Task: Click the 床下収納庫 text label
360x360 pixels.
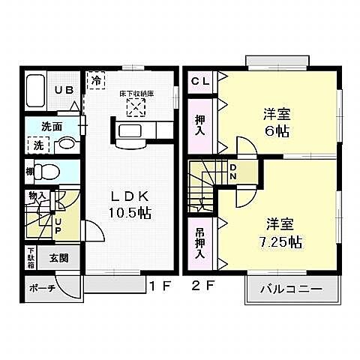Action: (x=136, y=94)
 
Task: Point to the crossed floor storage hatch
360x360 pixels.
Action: (x=136, y=109)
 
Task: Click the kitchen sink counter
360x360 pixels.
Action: (x=136, y=133)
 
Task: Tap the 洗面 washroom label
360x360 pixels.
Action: (x=51, y=127)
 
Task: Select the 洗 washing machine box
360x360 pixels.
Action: (x=37, y=143)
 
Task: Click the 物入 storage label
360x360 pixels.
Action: (x=37, y=196)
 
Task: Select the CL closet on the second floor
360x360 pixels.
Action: (x=199, y=80)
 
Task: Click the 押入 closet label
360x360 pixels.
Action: (x=200, y=124)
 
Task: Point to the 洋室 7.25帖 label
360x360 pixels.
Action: (x=276, y=232)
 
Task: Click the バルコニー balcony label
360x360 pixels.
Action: (x=291, y=289)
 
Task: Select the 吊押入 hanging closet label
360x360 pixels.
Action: (x=199, y=241)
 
